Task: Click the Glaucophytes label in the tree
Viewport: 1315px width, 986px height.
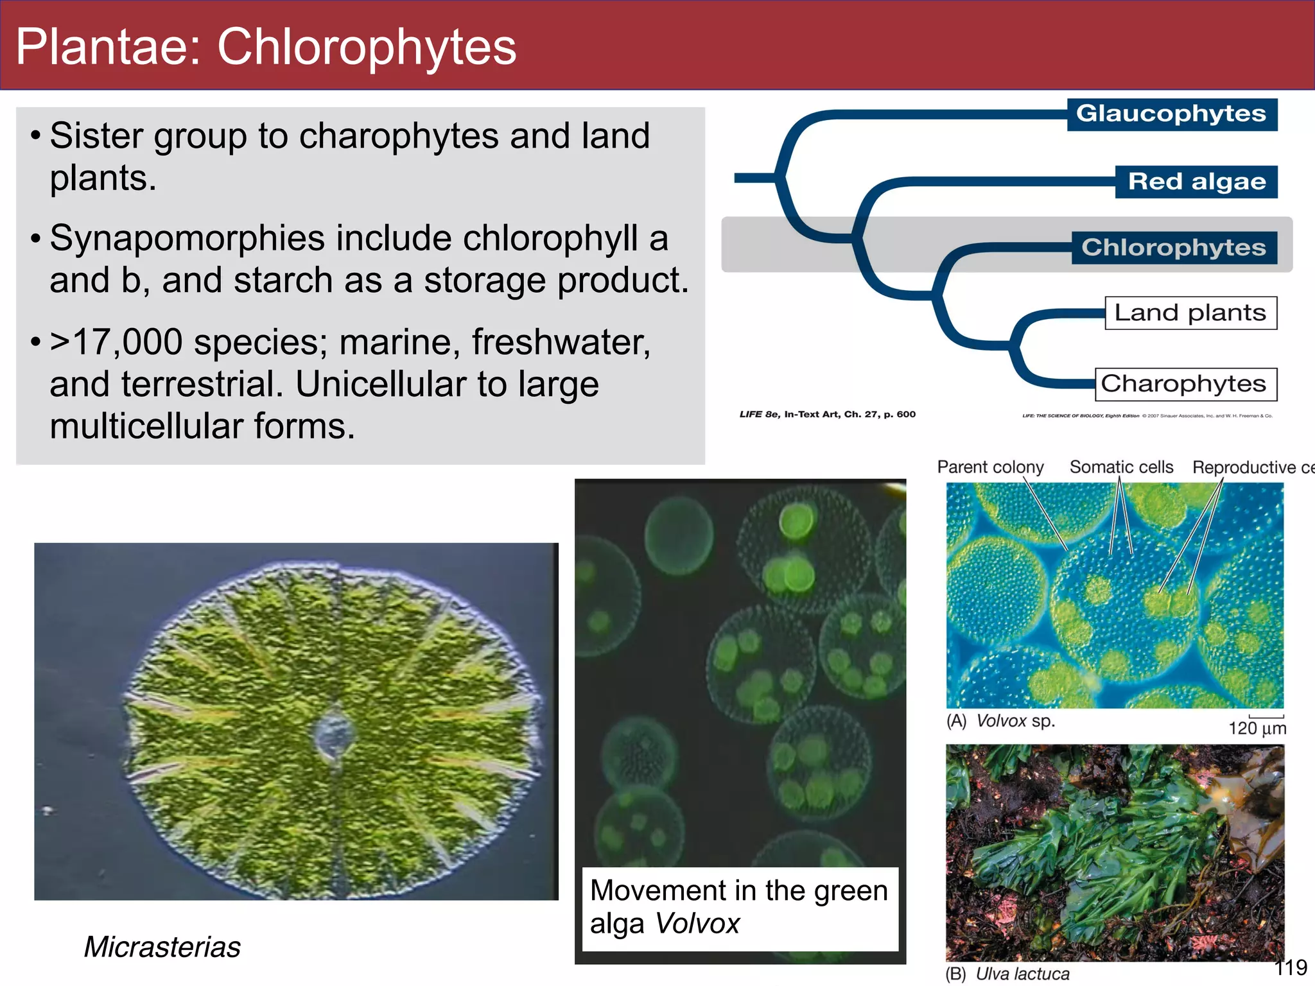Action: click(x=1171, y=114)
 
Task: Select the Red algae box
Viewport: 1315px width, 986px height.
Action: click(x=1196, y=182)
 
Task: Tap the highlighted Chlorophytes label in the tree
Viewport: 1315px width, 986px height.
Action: click(x=1174, y=248)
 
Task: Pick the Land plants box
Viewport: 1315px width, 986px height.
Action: click(x=1190, y=313)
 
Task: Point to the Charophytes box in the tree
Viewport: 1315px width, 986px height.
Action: click(x=1185, y=384)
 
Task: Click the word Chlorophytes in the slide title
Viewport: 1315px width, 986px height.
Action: click(x=366, y=47)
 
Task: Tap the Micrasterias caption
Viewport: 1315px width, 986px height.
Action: click(x=162, y=947)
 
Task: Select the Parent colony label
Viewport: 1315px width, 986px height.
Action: click(x=990, y=467)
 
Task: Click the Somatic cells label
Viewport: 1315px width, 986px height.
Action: click(x=1121, y=467)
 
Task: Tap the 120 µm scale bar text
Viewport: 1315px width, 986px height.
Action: click(x=1257, y=728)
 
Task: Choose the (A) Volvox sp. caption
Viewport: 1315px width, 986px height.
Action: click(x=1000, y=721)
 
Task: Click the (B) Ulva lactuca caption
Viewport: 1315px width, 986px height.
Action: click(x=1007, y=974)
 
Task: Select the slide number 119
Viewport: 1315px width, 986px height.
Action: click(x=1290, y=967)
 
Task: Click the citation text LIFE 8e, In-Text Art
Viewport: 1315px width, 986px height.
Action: click(x=827, y=414)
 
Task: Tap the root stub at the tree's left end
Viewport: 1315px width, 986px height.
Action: click(x=754, y=178)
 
